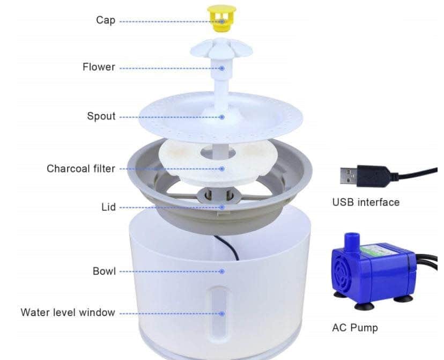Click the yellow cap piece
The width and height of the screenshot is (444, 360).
pyautogui.click(x=221, y=18)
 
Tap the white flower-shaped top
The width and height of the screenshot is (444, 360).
pyautogui.click(x=221, y=48)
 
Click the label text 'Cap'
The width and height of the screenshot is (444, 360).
pyautogui.click(x=106, y=20)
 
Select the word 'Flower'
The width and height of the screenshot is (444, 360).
pyautogui.click(x=99, y=67)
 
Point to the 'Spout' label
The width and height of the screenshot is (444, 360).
pyautogui.click(x=101, y=116)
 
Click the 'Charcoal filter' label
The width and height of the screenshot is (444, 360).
pyautogui.click(x=81, y=168)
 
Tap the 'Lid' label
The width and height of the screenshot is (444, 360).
pyautogui.click(x=109, y=207)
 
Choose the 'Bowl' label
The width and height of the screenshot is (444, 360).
pyautogui.click(x=104, y=271)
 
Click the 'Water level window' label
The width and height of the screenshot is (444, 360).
pyautogui.click(x=68, y=312)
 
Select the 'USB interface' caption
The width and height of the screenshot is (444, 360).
pyautogui.click(x=366, y=202)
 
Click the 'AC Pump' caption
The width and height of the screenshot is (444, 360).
pyautogui.click(x=355, y=328)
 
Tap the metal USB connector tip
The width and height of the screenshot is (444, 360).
pyautogui.click(x=349, y=176)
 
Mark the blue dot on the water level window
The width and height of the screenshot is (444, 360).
pyautogui.click(x=222, y=313)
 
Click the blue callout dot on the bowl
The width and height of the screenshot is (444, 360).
pyautogui.click(x=222, y=271)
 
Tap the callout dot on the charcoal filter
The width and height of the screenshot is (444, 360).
pyautogui.click(x=222, y=169)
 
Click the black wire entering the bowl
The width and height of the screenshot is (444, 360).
pyautogui.click(x=228, y=246)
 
